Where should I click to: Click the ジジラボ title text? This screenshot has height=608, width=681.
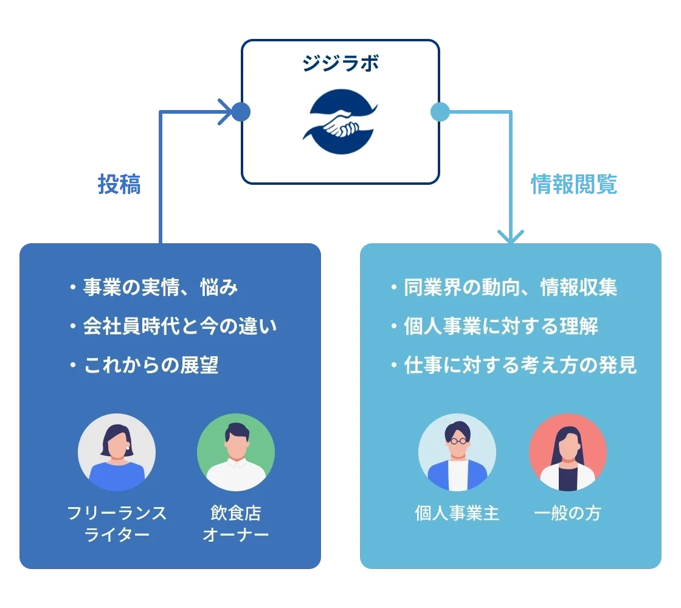(x=340, y=64)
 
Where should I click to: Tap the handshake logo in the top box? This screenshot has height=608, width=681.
(x=340, y=123)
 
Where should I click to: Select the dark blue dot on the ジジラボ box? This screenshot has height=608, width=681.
(x=241, y=112)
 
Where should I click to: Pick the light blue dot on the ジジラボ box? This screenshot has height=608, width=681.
(x=440, y=112)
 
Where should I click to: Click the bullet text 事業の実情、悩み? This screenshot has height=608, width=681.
(x=160, y=287)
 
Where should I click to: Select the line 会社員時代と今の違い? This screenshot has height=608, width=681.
(x=180, y=326)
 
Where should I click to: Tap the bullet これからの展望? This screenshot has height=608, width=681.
(x=151, y=365)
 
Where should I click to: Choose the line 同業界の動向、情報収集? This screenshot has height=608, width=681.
(x=511, y=287)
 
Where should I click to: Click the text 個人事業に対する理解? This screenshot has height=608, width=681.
(x=501, y=326)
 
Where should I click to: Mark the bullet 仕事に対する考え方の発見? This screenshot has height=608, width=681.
(x=520, y=365)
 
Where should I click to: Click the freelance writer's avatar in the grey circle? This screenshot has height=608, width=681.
(x=117, y=452)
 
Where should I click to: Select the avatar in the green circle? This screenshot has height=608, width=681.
(x=236, y=452)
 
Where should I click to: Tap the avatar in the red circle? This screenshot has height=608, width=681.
(x=568, y=452)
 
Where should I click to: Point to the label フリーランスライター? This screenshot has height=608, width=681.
(x=117, y=524)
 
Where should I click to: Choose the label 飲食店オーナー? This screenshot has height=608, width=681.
(x=236, y=524)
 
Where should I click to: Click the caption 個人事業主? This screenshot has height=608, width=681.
(x=457, y=514)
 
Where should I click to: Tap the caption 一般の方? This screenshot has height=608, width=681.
(x=568, y=514)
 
